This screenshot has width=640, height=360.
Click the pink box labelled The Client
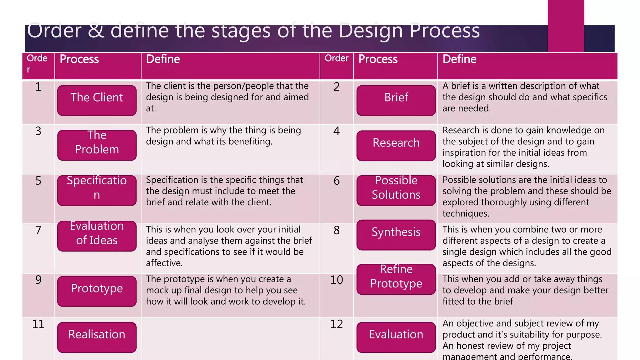coord(97,100)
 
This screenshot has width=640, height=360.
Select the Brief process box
coord(396,100)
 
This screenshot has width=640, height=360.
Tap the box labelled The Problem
coord(97,145)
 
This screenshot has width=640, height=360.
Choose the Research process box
coord(396,146)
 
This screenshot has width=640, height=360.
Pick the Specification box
coord(97,190)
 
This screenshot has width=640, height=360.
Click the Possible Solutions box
coord(396,190)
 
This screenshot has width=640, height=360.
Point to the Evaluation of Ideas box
coord(97,236)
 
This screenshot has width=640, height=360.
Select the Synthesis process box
coord(396,235)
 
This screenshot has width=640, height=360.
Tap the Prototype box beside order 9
coord(97,291)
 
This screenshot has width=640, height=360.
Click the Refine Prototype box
coord(396,279)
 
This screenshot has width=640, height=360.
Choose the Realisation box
coord(97,337)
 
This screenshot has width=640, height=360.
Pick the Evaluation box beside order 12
coord(396,337)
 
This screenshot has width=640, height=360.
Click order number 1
coord(38,87)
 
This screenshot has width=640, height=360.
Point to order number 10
coord(337,280)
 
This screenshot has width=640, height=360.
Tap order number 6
coord(337,181)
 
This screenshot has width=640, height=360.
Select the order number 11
coord(38,324)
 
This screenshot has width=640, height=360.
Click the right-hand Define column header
coord(459,59)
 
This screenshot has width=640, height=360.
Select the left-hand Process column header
coord(79,59)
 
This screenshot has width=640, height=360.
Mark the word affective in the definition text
coord(164,263)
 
